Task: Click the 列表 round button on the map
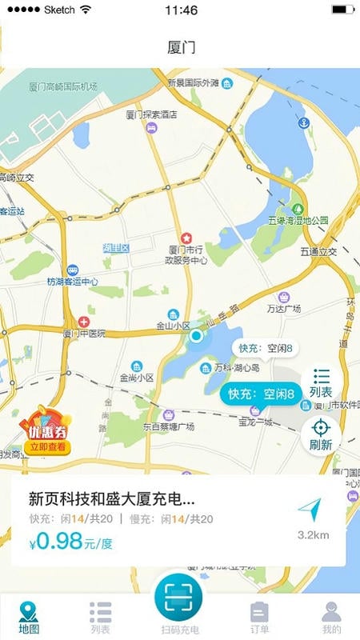[322, 382]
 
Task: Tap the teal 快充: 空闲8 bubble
[262, 394]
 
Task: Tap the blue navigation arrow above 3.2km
[310, 510]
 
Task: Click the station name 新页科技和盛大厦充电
[111, 499]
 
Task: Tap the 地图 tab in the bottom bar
[29, 618]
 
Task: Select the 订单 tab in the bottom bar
[259, 618]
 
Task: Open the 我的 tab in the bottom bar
[331, 618]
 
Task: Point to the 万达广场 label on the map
[282, 308]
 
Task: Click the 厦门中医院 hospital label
[83, 333]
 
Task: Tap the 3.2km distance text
[313, 534]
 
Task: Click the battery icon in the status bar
[342, 10]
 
